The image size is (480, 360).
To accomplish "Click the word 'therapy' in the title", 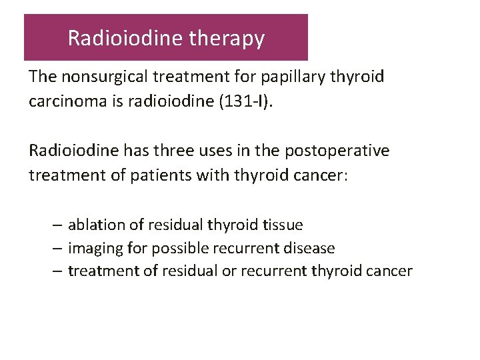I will point(227,39).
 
